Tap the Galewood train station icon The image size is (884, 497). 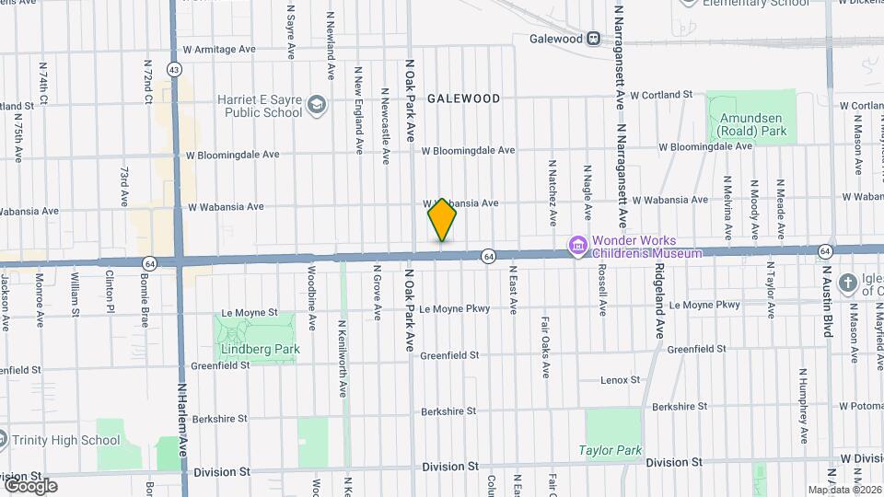pyautogui.click(x=594, y=39)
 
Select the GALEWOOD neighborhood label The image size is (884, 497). pyautogui.click(x=463, y=98)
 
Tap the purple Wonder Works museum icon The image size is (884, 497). pyautogui.click(x=578, y=245)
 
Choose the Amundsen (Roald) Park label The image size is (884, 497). pyautogui.click(x=753, y=124)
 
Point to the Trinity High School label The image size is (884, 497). pyautogui.click(x=66, y=440)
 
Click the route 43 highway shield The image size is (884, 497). pyautogui.click(x=174, y=69)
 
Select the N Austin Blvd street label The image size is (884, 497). pyautogui.click(x=827, y=303)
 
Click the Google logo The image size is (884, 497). pyautogui.click(x=30, y=485)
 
